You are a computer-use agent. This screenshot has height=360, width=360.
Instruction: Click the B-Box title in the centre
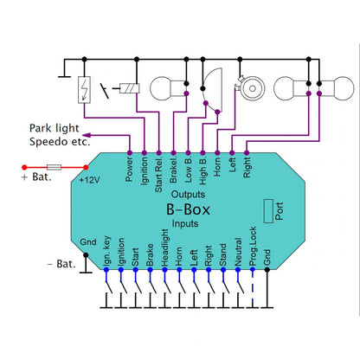point(188,209)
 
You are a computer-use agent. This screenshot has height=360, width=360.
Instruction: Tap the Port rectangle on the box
point(268,211)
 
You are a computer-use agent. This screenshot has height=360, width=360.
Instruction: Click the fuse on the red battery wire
point(54,167)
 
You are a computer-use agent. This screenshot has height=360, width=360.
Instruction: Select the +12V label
point(89,180)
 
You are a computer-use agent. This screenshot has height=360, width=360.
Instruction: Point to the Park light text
point(55,128)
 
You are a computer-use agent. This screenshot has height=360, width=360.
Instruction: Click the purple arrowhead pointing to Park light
point(87,135)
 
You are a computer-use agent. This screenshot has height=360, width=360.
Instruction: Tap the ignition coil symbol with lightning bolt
point(84,90)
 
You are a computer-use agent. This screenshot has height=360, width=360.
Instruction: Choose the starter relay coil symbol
point(130,88)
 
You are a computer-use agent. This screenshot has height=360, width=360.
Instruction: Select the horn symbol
point(250,88)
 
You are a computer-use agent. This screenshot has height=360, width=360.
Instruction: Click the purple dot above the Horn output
point(217,153)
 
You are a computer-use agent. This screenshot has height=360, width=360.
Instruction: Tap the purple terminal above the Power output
point(130,153)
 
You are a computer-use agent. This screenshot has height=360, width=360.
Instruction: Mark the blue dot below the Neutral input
point(238,270)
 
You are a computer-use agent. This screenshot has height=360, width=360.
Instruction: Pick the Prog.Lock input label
point(253,247)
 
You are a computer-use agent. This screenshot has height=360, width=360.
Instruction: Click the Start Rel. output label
point(158,175)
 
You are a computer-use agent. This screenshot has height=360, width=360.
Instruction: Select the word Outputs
point(188,194)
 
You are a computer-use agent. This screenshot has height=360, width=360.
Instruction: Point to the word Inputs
point(185,223)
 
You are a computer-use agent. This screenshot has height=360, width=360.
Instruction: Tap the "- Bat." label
point(61,264)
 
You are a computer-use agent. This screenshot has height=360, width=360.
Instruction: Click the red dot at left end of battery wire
point(24,167)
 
